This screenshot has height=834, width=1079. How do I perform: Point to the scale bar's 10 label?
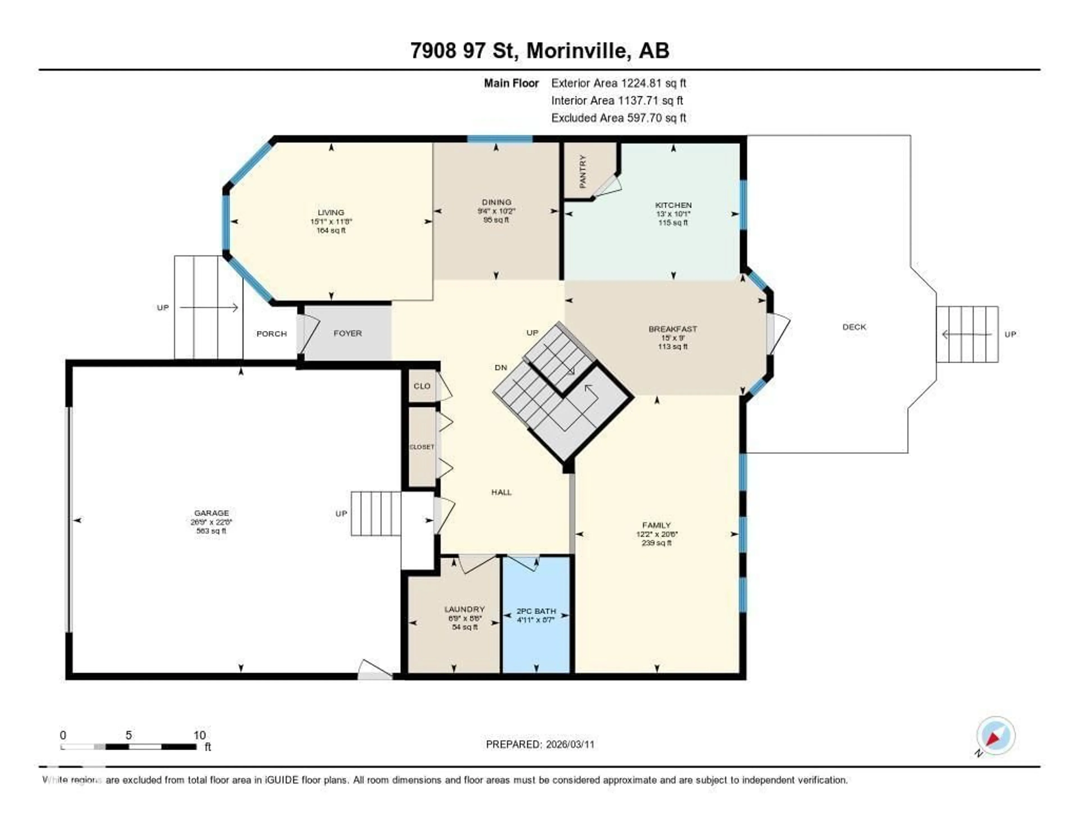click(x=199, y=735)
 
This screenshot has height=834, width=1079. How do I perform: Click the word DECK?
click(x=854, y=327)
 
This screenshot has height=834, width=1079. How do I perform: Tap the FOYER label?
click(x=347, y=333)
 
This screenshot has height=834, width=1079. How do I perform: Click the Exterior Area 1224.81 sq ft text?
click(x=618, y=83)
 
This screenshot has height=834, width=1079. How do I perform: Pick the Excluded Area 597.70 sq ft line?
click(x=618, y=118)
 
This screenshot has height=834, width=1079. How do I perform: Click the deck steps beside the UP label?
click(x=967, y=334)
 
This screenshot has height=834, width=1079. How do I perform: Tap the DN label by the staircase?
click(x=500, y=367)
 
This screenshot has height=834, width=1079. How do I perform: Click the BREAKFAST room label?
click(x=672, y=329)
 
